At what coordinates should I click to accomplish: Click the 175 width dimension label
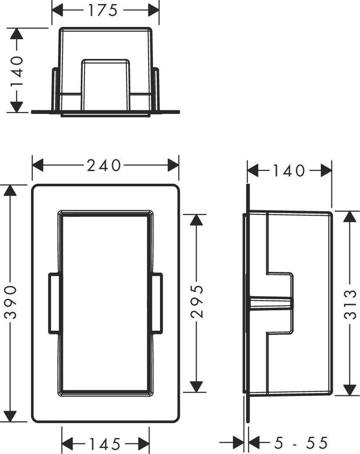103,10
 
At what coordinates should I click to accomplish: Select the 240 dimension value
104,165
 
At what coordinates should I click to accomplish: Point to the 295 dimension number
198,302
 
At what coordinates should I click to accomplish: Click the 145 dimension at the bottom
105,444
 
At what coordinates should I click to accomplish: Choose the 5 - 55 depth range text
301,443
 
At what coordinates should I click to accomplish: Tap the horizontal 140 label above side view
289,171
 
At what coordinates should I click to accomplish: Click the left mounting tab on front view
55,303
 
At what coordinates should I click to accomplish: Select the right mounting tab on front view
155,303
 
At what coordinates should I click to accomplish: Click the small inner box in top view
105,85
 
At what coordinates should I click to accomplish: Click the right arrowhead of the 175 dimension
153,10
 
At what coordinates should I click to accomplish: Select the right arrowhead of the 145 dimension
144,444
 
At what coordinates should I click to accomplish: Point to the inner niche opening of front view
105,303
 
